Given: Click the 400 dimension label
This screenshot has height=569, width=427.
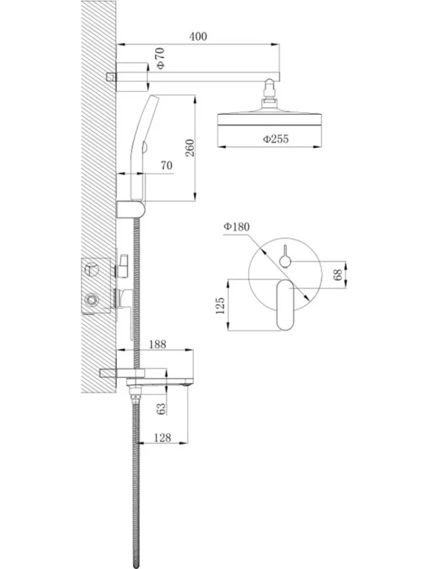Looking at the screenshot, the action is point(198,36).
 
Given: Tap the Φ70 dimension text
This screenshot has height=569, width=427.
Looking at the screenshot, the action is point(160,58).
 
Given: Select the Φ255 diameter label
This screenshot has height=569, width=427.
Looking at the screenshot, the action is point(276,139).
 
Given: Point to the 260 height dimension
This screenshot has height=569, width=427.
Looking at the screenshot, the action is point(189,147).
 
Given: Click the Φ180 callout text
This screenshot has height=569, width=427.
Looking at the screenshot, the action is point(236,227).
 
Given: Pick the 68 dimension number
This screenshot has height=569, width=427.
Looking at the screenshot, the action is point(337,275).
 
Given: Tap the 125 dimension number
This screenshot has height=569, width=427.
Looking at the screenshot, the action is point(220,306).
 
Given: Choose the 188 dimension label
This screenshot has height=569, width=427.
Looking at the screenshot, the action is point(157,344).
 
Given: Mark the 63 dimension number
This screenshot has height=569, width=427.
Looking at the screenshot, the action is point(161,408).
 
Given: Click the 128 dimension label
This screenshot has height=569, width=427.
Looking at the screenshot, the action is point(162,438).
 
